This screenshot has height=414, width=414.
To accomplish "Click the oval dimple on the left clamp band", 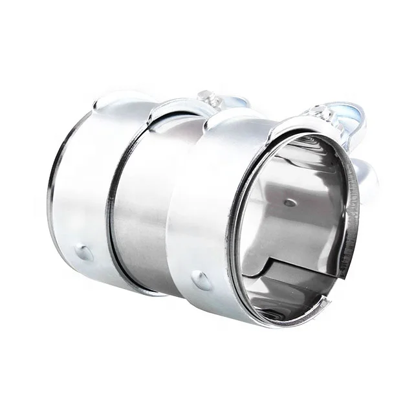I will [x=85, y=252].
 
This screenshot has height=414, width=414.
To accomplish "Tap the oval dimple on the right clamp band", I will [x=201, y=280].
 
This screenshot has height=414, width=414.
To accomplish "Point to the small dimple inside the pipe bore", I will [x=290, y=202].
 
